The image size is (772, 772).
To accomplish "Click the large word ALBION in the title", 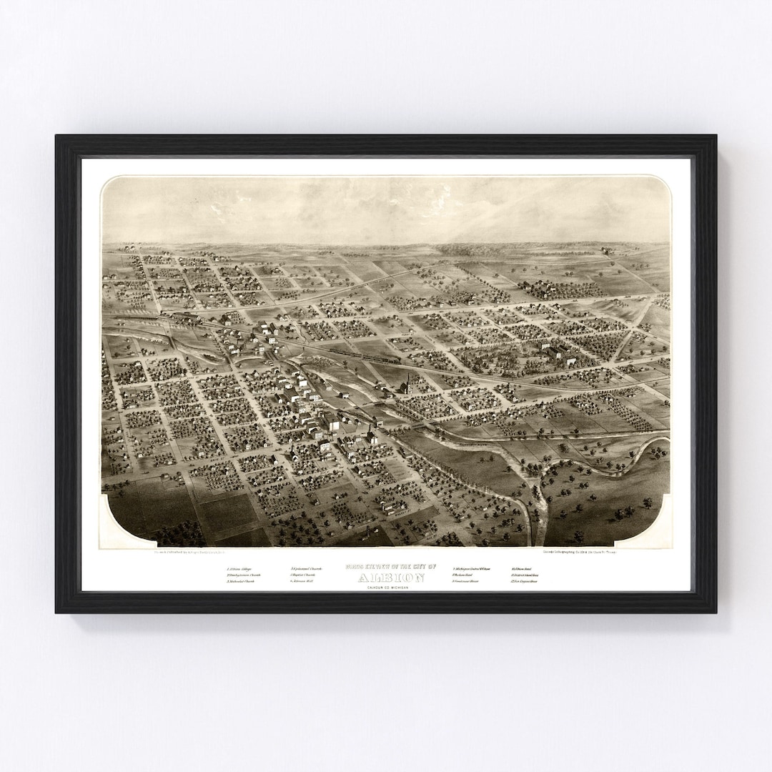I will pyautogui.click(x=390, y=578).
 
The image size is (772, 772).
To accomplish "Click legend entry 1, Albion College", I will pyautogui.click(x=239, y=568).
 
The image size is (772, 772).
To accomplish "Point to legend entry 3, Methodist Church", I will pyautogui.click(x=240, y=582).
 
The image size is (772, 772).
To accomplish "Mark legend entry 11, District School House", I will pyautogui.click(x=528, y=575).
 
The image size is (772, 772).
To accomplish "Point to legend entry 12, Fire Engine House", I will pyautogui.click(x=525, y=582).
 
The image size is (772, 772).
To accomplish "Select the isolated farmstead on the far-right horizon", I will pyautogui.click(x=607, y=249).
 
